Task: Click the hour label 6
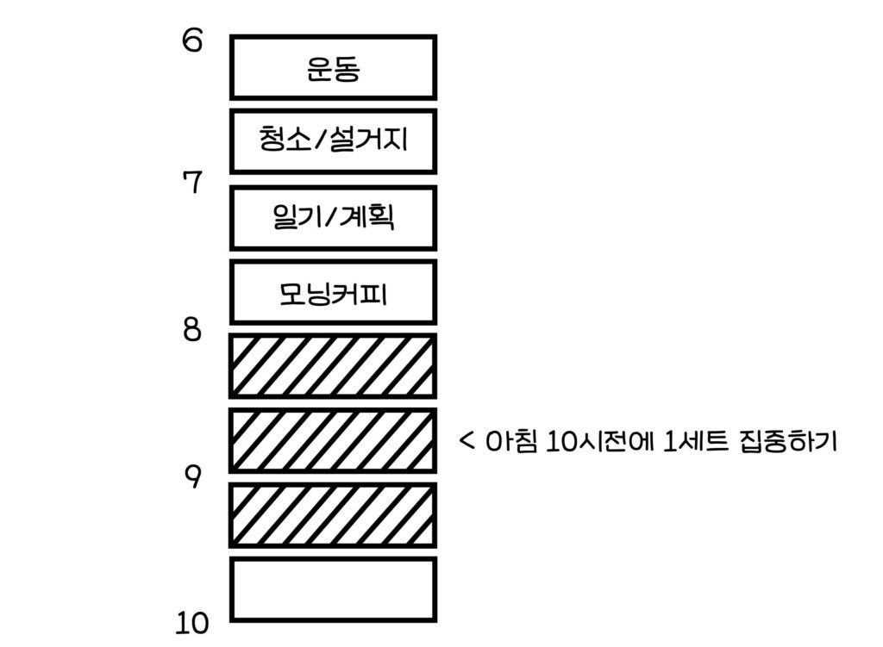(192, 40)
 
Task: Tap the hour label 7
(192, 182)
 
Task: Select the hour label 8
(192, 330)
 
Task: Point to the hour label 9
(192, 476)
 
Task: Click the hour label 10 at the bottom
(192, 622)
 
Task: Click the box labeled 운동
(333, 67)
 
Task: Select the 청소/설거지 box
(333, 140)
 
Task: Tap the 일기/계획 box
(333, 218)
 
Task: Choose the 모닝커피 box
(333, 292)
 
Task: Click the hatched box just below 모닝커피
(333, 366)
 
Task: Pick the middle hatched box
(333, 440)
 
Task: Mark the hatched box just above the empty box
(333, 514)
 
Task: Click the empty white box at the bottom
(333, 589)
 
